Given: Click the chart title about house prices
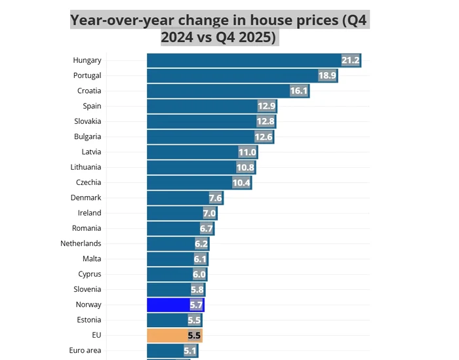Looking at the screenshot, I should click(220, 29).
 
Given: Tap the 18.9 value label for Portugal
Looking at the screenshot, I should click(327, 75).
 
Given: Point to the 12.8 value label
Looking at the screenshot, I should click(266, 121).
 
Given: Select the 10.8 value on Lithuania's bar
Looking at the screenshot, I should click(245, 167).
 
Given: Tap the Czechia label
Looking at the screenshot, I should click(89, 182).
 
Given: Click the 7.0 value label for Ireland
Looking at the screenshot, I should click(209, 213).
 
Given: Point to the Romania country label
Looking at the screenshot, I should click(87, 228).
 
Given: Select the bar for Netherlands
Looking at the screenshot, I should click(170, 244).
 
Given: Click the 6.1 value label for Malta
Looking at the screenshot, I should click(201, 259).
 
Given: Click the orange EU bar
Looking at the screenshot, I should click(167, 336).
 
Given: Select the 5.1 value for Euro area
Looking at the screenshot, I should click(190, 351).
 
